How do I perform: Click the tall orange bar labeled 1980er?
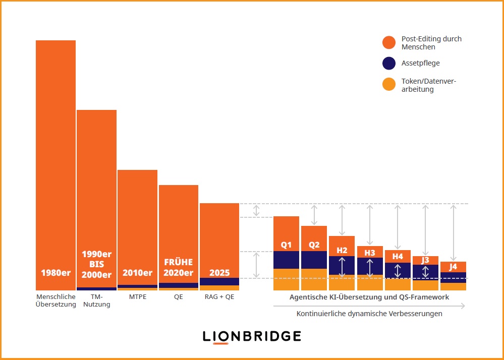(55, 151)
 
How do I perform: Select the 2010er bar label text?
(137, 273)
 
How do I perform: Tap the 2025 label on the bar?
(219, 273)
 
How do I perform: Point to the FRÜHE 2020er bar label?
(178, 268)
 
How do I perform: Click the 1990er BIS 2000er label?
(96, 264)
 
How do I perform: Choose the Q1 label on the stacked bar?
(286, 245)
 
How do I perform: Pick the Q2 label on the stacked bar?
(314, 245)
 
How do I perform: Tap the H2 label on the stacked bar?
(342, 250)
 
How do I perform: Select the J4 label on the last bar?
(453, 266)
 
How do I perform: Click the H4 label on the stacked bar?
(398, 256)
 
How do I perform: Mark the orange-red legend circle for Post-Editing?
(388, 43)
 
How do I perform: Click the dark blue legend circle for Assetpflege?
(388, 64)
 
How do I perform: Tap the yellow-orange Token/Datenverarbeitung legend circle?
(388, 85)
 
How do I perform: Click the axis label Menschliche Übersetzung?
(56, 301)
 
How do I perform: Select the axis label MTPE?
(137, 297)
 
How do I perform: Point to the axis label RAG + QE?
(219, 297)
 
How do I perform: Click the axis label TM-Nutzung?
(96, 301)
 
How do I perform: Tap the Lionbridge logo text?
(252, 336)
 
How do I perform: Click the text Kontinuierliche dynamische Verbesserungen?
(369, 314)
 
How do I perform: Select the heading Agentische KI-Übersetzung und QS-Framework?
(369, 297)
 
